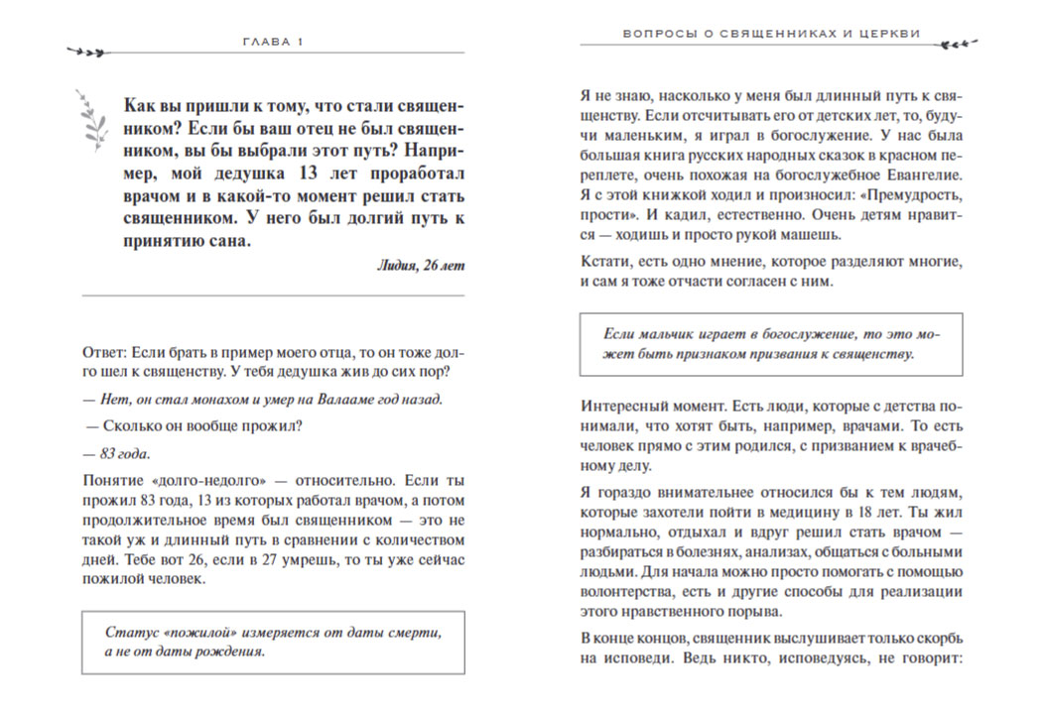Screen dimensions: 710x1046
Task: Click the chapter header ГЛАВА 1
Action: tap(272, 42)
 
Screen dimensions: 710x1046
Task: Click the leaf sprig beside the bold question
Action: tap(94, 119)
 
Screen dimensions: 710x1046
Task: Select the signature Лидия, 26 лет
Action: tap(421, 265)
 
